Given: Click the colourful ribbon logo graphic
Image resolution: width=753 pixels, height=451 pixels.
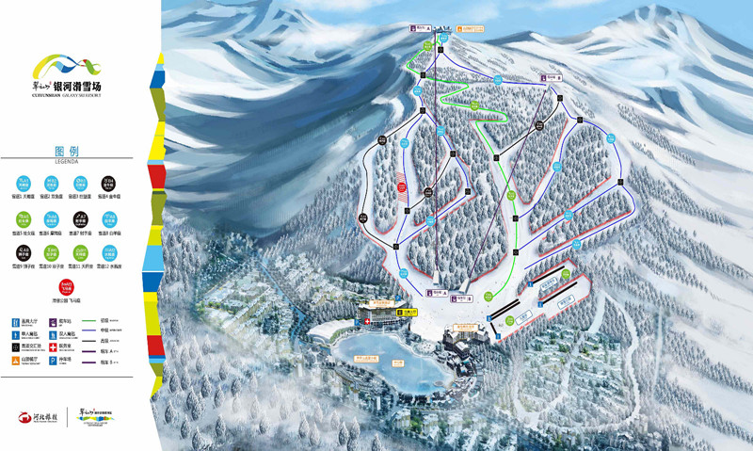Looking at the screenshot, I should coord(65,67).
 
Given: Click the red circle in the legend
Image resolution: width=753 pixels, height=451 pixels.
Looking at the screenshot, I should coord(65,286).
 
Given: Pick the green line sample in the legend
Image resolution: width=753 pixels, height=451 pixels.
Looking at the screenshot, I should coord(94,321).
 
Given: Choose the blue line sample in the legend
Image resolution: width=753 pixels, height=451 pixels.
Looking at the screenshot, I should coord(94,331).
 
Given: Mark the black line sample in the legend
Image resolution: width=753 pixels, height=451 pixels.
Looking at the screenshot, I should coord(94,342).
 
